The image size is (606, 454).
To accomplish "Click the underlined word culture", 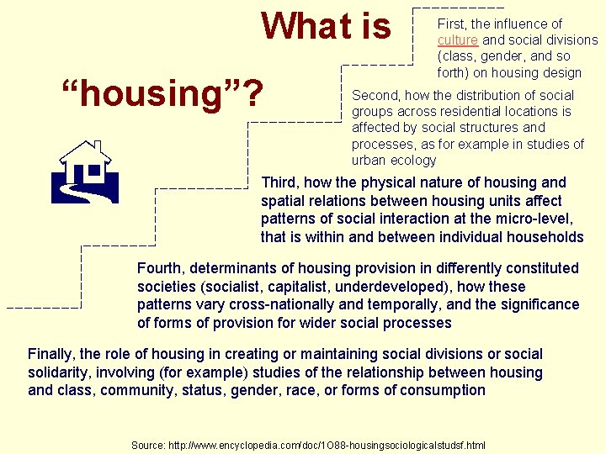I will tap(457, 40).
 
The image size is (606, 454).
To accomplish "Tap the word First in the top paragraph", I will tap(452, 24).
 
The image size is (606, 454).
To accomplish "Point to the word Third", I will tap(282, 182).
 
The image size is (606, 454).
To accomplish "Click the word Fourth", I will tap(161, 268).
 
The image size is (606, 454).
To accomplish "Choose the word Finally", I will tap(52, 354).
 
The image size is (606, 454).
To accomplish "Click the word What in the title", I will tap(295, 25).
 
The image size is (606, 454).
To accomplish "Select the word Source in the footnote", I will tap(147, 444).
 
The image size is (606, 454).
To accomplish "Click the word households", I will tap(546, 237).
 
